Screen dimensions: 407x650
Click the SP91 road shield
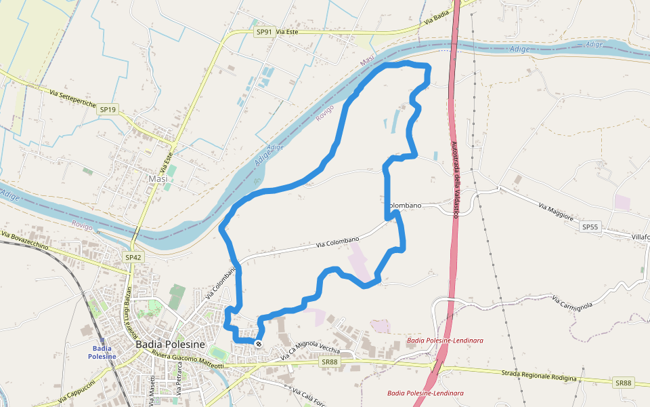point(263,32)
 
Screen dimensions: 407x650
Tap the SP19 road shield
point(108,109)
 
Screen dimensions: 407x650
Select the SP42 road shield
point(133,257)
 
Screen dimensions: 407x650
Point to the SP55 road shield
point(590,227)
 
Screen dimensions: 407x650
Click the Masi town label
point(158,178)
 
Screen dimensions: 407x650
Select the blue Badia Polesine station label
point(102,352)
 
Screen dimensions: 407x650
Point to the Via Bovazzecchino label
point(25,241)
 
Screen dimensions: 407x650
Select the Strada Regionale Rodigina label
point(539,376)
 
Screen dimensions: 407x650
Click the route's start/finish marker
point(258,344)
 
